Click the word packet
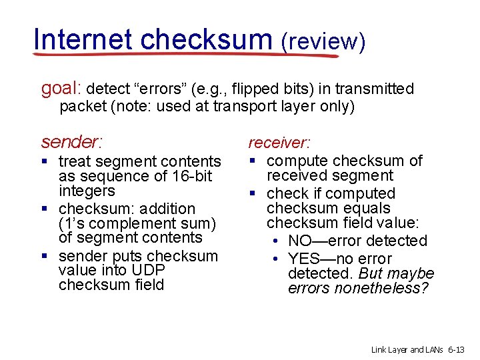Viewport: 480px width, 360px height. [81, 106]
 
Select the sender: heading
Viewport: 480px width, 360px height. [72, 141]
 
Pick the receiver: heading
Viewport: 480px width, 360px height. [279, 142]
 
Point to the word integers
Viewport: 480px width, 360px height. [87, 191]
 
